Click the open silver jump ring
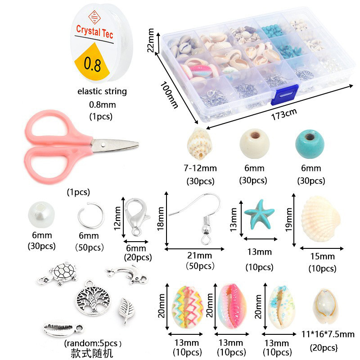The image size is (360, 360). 88,216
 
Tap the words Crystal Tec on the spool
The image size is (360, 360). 94,30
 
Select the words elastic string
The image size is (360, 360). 102,91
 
